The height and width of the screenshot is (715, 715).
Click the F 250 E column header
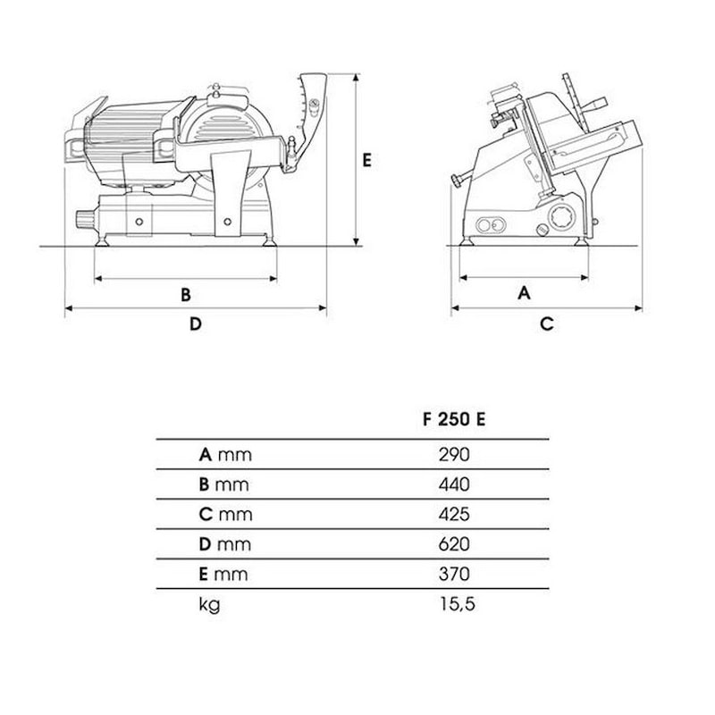[x=454, y=419]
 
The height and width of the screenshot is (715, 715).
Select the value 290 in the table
[x=454, y=455]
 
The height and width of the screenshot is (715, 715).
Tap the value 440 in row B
[x=454, y=484]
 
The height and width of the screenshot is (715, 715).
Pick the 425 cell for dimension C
[x=454, y=515]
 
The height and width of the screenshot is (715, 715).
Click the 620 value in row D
[x=454, y=544]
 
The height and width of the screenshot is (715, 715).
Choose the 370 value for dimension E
[x=454, y=574]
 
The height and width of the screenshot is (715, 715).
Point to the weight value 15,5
[x=458, y=604]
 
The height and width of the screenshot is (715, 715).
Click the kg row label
[x=209, y=605]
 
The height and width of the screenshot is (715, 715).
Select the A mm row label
[x=225, y=455]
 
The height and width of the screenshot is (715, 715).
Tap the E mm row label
[x=223, y=574]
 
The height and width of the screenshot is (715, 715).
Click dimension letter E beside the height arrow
[x=366, y=161]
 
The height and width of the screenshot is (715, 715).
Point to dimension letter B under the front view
[x=186, y=295]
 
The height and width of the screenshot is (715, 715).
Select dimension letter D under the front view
[x=195, y=324]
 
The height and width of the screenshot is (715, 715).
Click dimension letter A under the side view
[x=524, y=293]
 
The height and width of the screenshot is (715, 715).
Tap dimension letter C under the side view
[x=547, y=324]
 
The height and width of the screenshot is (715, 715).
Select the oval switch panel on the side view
[x=491, y=225]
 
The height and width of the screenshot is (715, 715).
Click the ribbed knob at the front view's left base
[x=85, y=220]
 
